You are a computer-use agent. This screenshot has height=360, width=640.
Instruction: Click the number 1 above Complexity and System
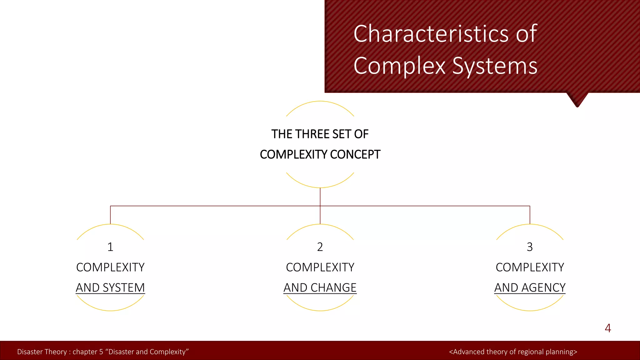pos(110,247)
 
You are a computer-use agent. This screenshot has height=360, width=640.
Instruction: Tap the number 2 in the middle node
pos(320,247)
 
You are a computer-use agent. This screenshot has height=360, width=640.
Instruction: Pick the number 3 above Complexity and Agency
pos(530,247)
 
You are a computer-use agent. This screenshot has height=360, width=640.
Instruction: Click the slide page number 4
pos(608,328)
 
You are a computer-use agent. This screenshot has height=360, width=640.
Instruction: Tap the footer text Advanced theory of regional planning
pos(513,352)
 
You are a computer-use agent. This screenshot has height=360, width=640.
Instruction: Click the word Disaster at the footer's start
pos(29,352)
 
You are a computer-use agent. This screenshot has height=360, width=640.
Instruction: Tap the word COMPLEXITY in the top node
pos(294,154)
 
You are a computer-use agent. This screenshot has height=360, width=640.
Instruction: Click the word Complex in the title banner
pos(399,66)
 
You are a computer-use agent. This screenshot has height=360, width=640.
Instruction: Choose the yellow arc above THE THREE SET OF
pos(320,102)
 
